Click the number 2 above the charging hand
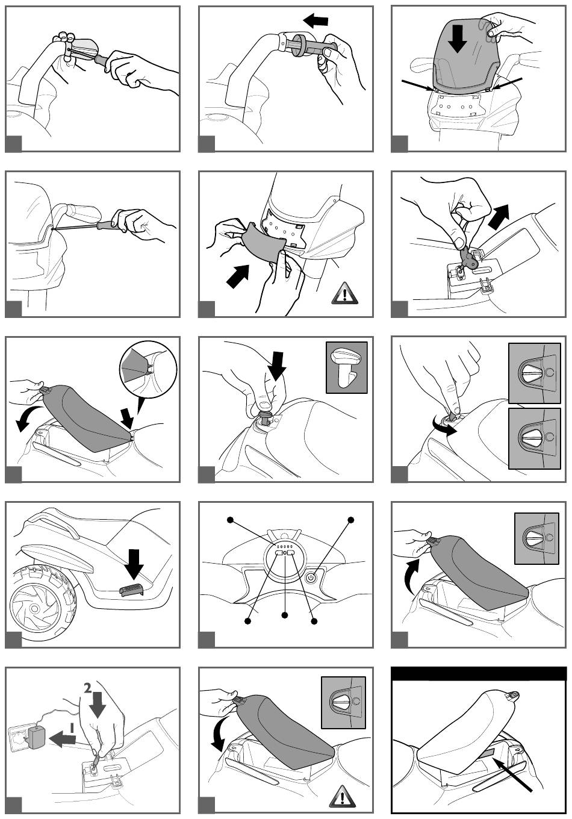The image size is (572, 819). pos(88,688)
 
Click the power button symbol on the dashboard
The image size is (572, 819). pos(310,578)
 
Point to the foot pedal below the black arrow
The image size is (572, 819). pos(132,589)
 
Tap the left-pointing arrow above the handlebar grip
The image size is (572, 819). pos(316,20)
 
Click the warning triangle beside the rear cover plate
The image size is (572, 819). pos(346,293)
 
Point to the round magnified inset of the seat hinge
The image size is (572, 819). pos(148,369)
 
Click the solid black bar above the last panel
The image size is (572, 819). pos(479,673)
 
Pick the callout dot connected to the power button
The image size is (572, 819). pos(350,519)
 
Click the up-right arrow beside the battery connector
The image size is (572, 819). pos(498,217)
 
